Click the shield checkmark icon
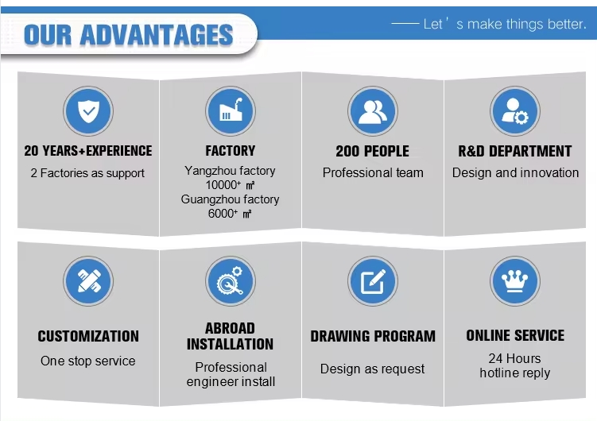pyautogui.click(x=88, y=111)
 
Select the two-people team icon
pyautogui.click(x=373, y=112)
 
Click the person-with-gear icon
pyautogui.click(x=515, y=111)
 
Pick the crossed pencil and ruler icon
pyautogui.click(x=88, y=281)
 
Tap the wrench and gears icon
pyautogui.click(x=230, y=280)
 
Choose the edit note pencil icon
pyautogui.click(x=373, y=281)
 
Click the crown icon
pyautogui.click(x=515, y=282)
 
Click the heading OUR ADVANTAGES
pyautogui.click(x=128, y=35)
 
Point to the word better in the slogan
pyautogui.click(x=567, y=25)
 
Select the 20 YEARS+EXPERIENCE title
pyautogui.click(x=88, y=151)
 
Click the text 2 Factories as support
pyautogui.click(x=87, y=173)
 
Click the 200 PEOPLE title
pyautogui.click(x=372, y=152)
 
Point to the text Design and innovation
pyautogui.click(x=516, y=173)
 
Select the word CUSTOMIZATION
pyautogui.click(x=88, y=337)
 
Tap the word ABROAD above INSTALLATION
pyautogui.click(x=230, y=329)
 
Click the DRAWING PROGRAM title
pyautogui.click(x=373, y=337)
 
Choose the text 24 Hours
pyautogui.click(x=515, y=358)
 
